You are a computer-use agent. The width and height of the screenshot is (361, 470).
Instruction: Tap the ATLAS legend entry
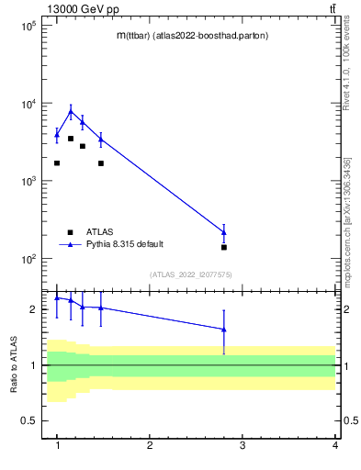tap(99, 232)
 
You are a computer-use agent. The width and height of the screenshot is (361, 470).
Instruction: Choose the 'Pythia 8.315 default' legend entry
tap(125, 244)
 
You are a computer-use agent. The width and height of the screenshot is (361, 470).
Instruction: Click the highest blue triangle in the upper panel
tap(71, 112)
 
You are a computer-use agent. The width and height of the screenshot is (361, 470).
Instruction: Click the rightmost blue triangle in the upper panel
tap(224, 231)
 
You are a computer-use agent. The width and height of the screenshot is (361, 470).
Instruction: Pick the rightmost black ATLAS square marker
tap(224, 247)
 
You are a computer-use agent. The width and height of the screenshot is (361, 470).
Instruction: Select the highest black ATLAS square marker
tap(71, 139)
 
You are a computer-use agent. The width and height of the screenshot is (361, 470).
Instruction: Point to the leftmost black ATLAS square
tap(57, 163)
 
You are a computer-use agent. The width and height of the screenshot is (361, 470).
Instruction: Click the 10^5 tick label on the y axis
tap(28, 26)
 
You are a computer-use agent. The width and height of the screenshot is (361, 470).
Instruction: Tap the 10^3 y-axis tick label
tap(28, 182)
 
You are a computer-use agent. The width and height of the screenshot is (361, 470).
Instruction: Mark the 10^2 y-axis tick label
tap(28, 259)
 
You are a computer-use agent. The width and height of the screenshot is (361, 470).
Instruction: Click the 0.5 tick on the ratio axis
tap(30, 421)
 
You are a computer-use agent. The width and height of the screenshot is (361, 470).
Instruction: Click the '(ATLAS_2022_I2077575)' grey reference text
tap(191, 274)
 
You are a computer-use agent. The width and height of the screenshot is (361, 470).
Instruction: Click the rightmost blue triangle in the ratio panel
tap(224, 330)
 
